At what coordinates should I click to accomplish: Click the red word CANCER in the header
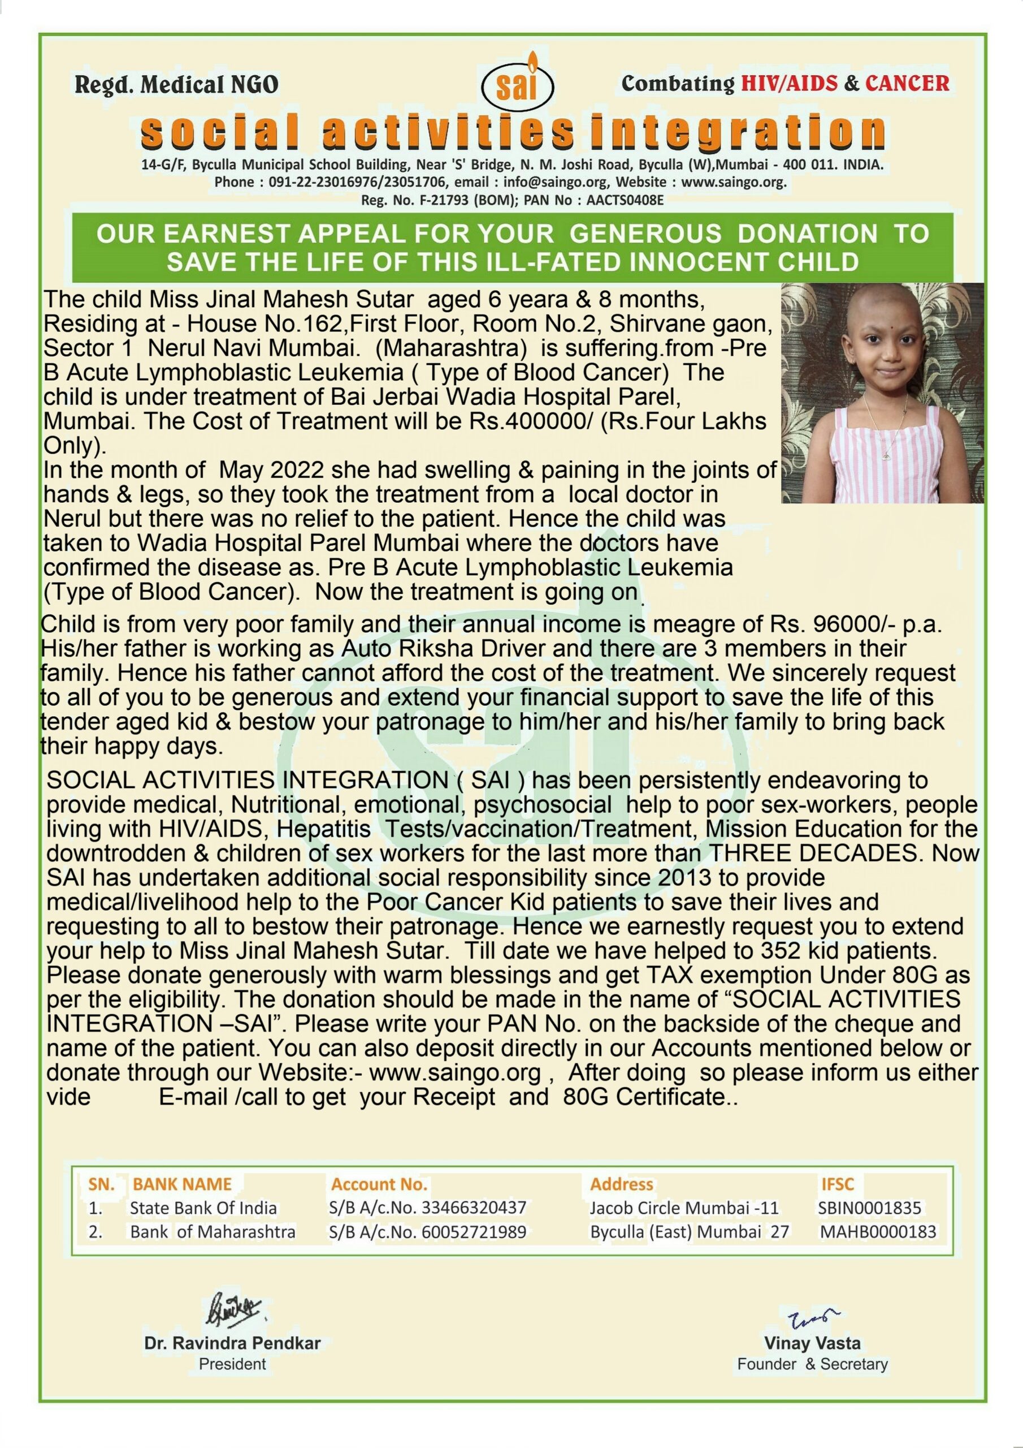[x=907, y=83]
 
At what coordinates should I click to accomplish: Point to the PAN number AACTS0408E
[x=625, y=201]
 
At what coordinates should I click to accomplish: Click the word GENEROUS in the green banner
[x=645, y=234]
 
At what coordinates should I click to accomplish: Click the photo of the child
[x=882, y=393]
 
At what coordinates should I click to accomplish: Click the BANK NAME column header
[x=182, y=1184]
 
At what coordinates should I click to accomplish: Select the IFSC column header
[x=837, y=1184]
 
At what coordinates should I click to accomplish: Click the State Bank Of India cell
[x=203, y=1208]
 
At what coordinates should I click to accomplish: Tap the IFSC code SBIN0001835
[x=869, y=1208]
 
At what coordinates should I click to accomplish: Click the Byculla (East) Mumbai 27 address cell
[x=689, y=1232]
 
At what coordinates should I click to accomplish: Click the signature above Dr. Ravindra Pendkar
[x=234, y=1309]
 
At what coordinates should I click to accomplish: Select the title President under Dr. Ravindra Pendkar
[x=233, y=1364]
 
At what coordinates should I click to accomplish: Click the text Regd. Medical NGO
[x=176, y=84]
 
